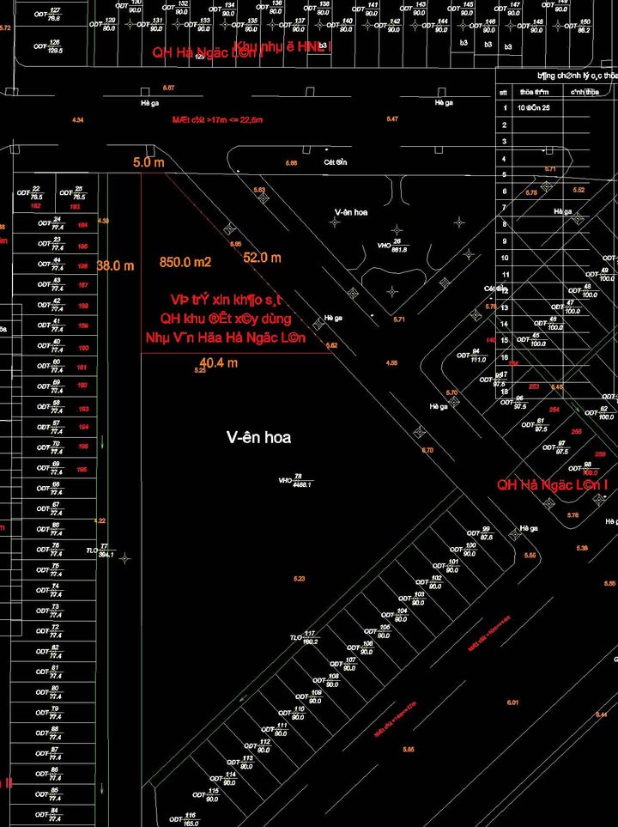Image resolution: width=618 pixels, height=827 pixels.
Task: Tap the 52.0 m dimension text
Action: [262, 258]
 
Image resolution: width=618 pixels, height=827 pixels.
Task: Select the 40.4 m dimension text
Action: [218, 363]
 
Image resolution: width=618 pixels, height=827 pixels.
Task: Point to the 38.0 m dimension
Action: [116, 266]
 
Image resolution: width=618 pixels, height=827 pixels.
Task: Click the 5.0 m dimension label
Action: [148, 161]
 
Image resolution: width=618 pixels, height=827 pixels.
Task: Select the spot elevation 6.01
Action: [512, 703]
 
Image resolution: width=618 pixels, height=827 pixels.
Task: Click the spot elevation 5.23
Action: [299, 579]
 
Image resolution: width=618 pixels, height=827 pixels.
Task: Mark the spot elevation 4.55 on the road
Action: [391, 363]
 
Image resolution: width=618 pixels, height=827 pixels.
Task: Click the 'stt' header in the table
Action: [504, 92]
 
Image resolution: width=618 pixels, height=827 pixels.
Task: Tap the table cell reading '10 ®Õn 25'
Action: [533, 108]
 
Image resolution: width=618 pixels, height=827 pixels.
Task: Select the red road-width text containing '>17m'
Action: [216, 120]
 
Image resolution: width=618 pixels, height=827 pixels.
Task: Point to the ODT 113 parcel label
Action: [241, 762]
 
